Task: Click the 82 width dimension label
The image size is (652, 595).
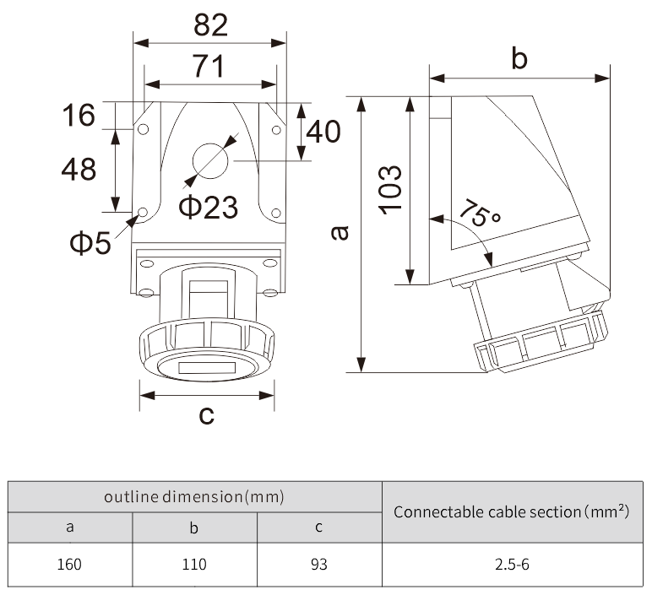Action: coord(210,24)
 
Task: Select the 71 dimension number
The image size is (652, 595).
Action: coord(209,66)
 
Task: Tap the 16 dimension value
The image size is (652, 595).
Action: coord(79,115)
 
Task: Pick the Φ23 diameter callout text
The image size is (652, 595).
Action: coord(208,206)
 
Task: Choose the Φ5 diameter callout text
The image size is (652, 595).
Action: coord(90,243)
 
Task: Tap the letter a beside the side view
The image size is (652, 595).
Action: coord(339,232)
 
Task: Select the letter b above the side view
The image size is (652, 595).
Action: coord(519,58)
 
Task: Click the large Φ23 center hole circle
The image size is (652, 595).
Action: coord(210,160)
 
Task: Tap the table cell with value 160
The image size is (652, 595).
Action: coord(70,564)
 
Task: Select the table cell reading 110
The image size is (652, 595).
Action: coord(194,564)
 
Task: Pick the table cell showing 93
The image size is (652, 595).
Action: coord(319,564)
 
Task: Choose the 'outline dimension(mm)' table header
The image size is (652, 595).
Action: coord(194,496)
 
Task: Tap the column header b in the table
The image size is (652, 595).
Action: coord(194,528)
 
